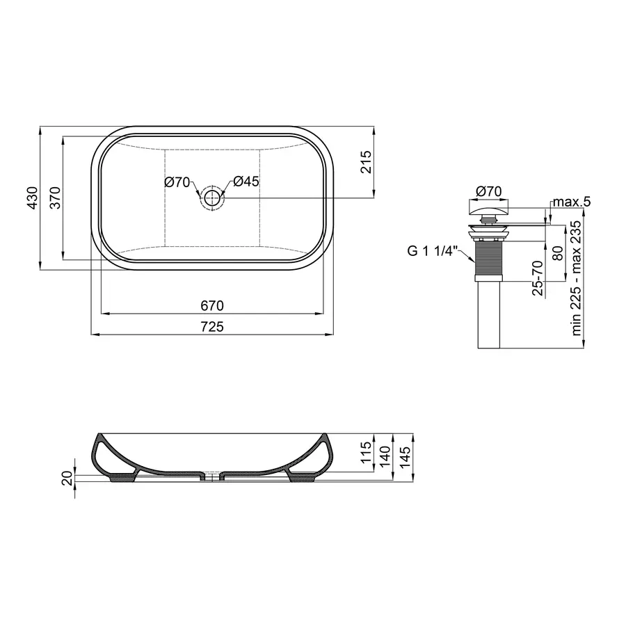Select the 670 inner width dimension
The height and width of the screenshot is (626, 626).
[x=213, y=305]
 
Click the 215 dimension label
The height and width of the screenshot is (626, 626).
[x=368, y=162]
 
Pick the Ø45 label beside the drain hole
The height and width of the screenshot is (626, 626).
[x=246, y=182]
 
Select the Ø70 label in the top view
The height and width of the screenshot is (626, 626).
[x=178, y=182]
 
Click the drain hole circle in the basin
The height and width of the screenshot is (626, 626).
[x=212, y=198]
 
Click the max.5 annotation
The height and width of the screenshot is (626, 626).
[x=571, y=202]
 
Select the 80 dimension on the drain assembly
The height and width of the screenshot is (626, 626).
[x=556, y=252]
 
